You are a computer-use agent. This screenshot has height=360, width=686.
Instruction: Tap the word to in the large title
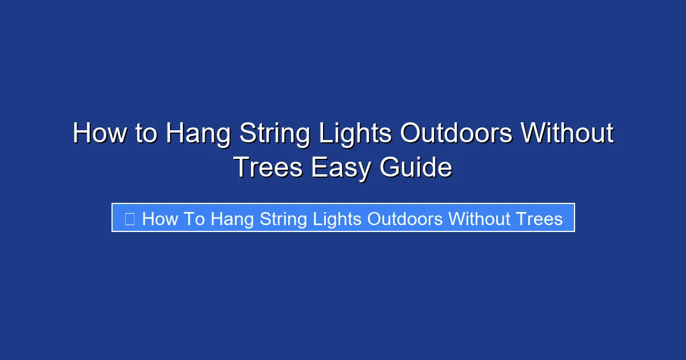click(147, 134)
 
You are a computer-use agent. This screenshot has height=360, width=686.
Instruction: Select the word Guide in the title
click(416, 167)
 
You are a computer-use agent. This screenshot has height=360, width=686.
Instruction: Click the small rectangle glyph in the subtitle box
click(129, 218)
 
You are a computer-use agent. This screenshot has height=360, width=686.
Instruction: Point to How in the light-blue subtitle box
click(160, 218)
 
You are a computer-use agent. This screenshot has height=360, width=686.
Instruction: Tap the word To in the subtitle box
click(194, 218)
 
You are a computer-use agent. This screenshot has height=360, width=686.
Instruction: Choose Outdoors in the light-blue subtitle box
click(405, 218)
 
